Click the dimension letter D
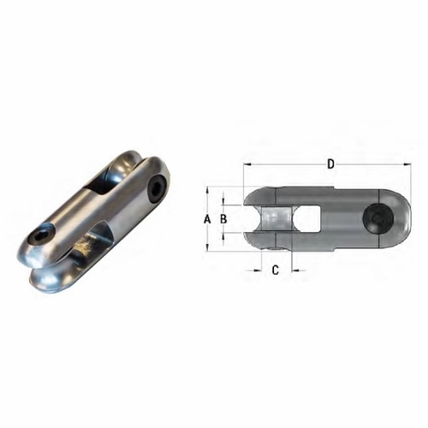tap(330, 163)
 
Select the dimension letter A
tap(206, 219)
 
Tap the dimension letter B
tap(223, 219)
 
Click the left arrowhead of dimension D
tap(247, 163)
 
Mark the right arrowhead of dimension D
tap(404, 163)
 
